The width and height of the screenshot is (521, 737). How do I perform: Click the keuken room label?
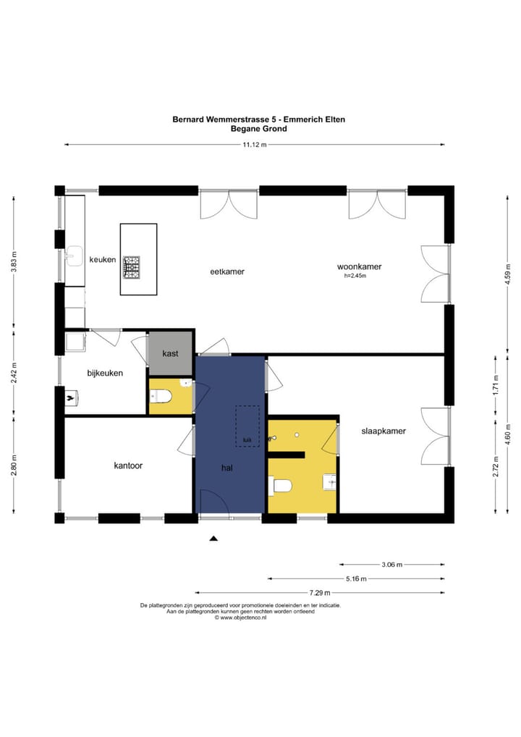pos(102,259)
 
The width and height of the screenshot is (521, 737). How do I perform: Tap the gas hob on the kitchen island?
pos(131,266)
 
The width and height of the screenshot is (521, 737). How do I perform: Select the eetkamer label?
pos(227,271)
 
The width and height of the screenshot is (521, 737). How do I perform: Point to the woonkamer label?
pos(359,266)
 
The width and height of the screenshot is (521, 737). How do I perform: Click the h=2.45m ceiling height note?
pos(356,276)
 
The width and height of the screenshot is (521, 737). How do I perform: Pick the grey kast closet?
pos(171,353)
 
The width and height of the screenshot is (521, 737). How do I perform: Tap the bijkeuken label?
pos(105,374)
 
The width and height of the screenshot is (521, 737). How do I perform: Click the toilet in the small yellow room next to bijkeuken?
pos(161,397)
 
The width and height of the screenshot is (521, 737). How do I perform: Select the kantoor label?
pos(128,466)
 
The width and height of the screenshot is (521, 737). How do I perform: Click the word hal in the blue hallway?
pos(227,468)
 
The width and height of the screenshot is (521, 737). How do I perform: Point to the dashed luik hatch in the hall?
pos(248,427)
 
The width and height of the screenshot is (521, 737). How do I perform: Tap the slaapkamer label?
pos(384,431)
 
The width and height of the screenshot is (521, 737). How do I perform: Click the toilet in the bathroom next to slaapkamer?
pos(281,486)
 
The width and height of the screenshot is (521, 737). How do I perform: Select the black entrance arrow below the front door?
pos(213,538)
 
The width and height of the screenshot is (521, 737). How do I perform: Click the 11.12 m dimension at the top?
pos(255,145)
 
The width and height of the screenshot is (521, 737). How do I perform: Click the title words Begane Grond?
pos(258,129)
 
